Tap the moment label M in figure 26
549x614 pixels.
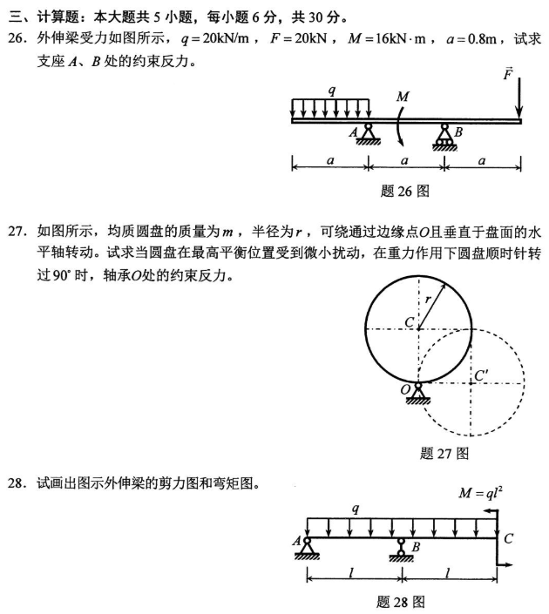pyautogui.click(x=402, y=98)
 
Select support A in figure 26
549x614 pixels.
pyautogui.click(x=369, y=133)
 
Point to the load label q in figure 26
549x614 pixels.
pyautogui.click(x=331, y=90)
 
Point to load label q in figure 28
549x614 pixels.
pyautogui.click(x=355, y=508)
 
